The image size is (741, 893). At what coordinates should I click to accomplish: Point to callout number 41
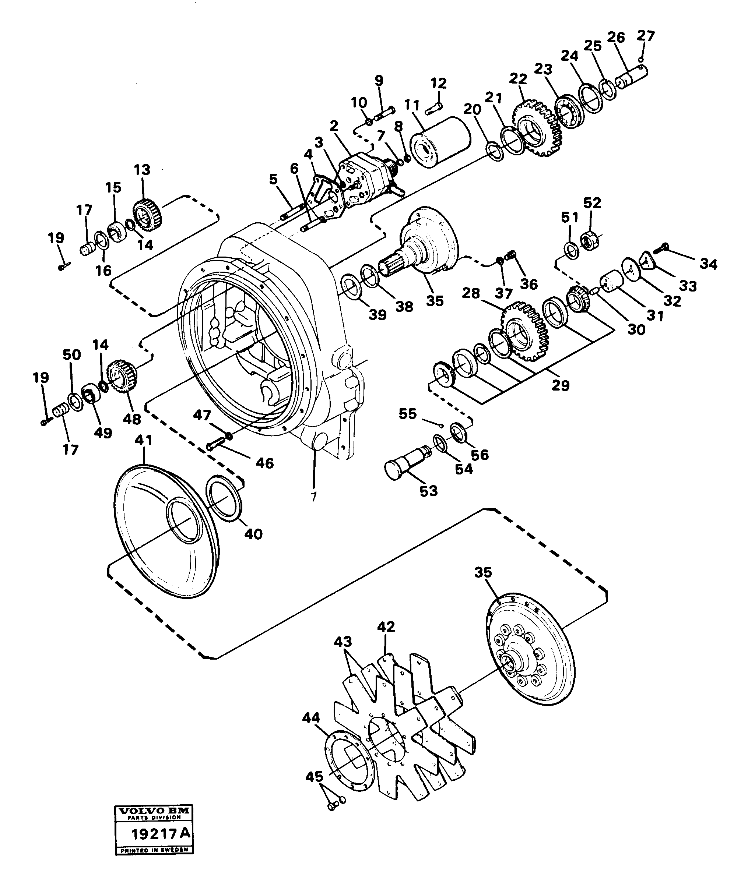pyautogui.click(x=143, y=440)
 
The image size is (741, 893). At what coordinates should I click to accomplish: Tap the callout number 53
pyautogui.click(x=428, y=491)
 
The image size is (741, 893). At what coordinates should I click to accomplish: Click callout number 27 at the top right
pyautogui.click(x=645, y=36)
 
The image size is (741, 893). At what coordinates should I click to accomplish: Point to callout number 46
pyautogui.click(x=264, y=463)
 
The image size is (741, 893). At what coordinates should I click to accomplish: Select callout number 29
pyautogui.click(x=560, y=385)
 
